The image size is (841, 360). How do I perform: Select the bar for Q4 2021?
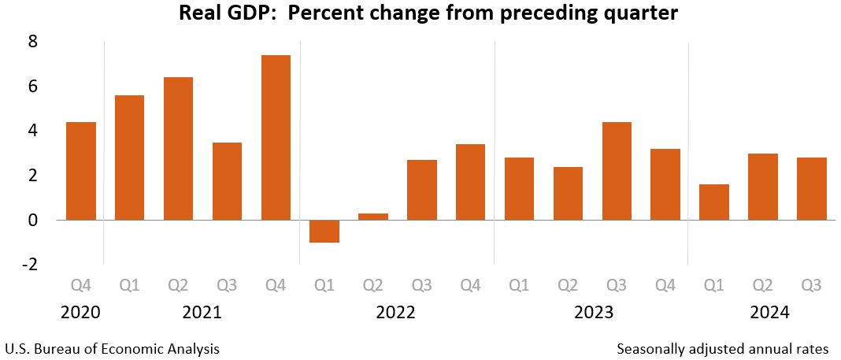pyautogui.click(x=276, y=137)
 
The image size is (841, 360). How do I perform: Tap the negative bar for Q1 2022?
pyautogui.click(x=324, y=231)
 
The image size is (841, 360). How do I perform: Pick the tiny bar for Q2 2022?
pyautogui.click(x=373, y=217)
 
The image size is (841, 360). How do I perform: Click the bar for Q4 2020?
pyautogui.click(x=81, y=171)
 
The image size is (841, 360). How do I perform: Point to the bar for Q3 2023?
pyautogui.click(x=617, y=171)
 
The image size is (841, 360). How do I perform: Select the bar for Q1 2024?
pyautogui.click(x=714, y=202)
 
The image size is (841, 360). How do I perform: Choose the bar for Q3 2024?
pyautogui.click(x=812, y=188)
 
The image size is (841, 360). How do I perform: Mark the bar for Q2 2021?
pyautogui.click(x=179, y=148)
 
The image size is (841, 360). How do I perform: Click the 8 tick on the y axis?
pyautogui.click(x=33, y=42)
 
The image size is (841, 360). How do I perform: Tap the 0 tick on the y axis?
pyautogui.click(x=33, y=221)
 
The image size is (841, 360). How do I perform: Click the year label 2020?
pyautogui.click(x=81, y=312)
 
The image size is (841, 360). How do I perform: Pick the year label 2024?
pyautogui.click(x=771, y=312)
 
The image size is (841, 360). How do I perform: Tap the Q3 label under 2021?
pyautogui.click(x=227, y=284)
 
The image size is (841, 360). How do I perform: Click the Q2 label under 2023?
pyautogui.click(x=568, y=284)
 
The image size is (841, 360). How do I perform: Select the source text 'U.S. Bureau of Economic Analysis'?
pyautogui.click(x=112, y=348)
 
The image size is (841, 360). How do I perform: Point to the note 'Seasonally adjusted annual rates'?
pyautogui.click(x=723, y=348)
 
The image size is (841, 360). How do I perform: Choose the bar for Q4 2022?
pyautogui.click(x=470, y=182)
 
